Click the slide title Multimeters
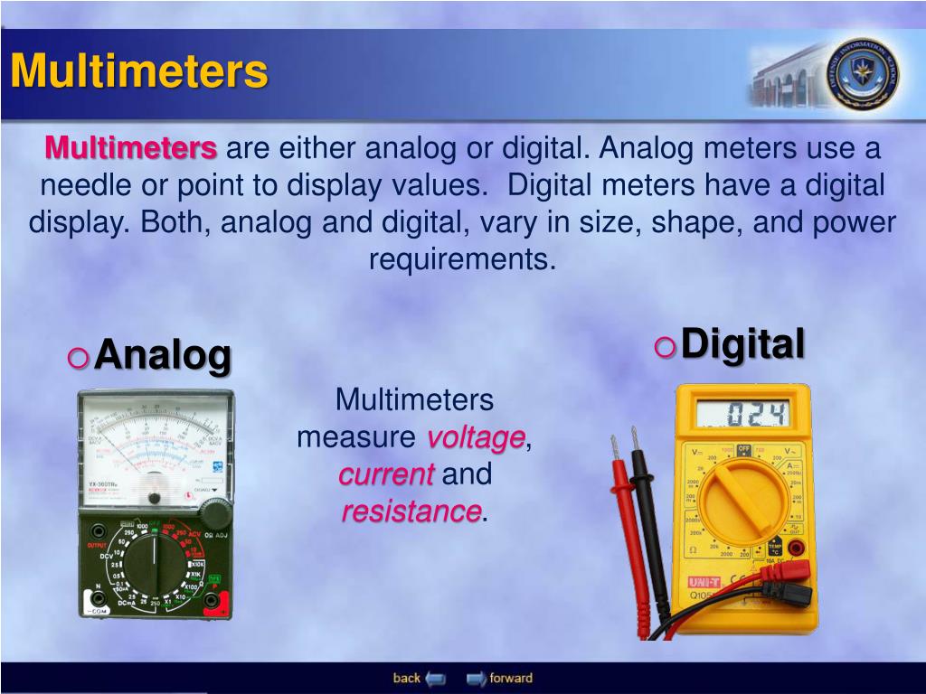(x=139, y=71)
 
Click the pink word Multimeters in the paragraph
(x=131, y=147)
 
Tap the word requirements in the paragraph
(x=461, y=259)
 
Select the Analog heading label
(x=163, y=355)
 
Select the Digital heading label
(x=742, y=344)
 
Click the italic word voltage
(x=476, y=437)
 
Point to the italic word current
(x=387, y=474)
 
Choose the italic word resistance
(x=411, y=511)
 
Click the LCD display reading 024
(x=742, y=416)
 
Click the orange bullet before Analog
(x=79, y=359)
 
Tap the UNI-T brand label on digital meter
(x=704, y=583)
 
